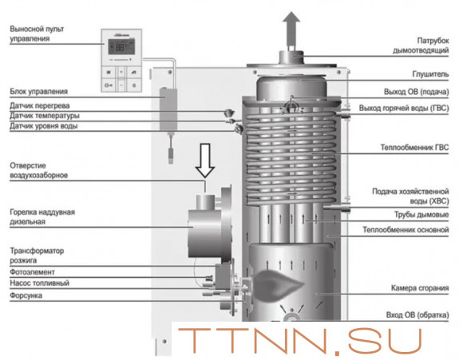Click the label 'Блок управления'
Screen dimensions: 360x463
(x=38, y=91)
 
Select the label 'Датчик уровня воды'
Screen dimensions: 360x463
(x=44, y=126)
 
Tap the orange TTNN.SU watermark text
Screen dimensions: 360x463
(x=299, y=342)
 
